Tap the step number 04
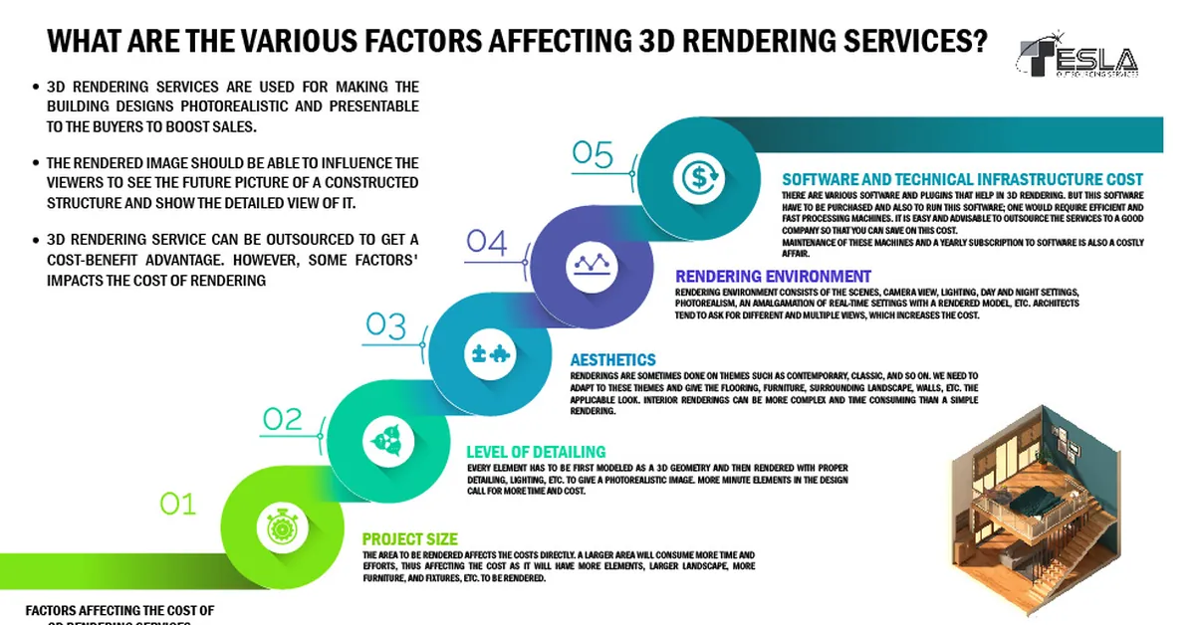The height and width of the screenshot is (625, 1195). tap(487, 243)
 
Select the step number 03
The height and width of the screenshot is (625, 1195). tap(385, 324)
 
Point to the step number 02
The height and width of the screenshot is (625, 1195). tap(282, 419)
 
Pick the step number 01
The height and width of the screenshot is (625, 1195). tap(178, 505)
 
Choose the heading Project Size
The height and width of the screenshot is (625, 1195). tap(409, 539)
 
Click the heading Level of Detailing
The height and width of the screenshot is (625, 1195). tap(536, 452)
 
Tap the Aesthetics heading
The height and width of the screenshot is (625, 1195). tap(612, 359)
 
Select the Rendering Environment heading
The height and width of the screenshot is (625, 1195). tap(773, 276)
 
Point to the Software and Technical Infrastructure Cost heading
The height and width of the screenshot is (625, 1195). tap(962, 179)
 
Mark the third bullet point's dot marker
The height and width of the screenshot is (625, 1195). tap(36, 241)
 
